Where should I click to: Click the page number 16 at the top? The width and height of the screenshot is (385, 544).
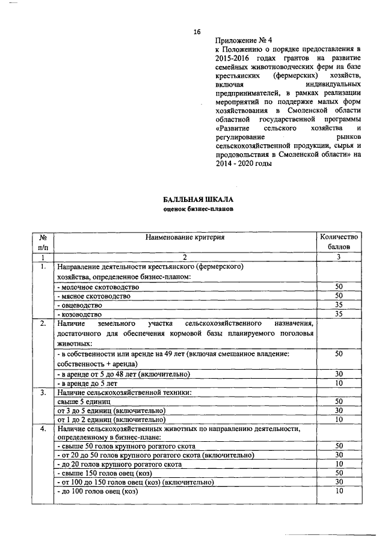pos(197,32)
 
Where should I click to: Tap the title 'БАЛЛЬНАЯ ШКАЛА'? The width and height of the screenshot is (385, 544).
pos(197,200)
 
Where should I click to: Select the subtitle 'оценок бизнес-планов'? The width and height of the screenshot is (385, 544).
pos(197,209)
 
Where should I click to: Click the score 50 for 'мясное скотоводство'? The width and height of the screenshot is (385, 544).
pos(339,296)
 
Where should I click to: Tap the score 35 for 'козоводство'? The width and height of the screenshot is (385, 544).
pos(339,313)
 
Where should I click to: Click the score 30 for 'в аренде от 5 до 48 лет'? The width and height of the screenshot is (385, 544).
pos(339,374)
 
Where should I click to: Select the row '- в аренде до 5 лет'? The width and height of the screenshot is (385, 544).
pos(87,383)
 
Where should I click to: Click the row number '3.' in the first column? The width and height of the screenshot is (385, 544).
pos(43,392)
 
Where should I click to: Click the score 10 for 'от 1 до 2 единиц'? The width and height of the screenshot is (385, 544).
pos(339,419)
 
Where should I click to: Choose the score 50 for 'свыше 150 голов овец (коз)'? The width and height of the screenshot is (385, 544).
pos(339,473)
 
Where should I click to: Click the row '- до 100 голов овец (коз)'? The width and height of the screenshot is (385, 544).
pos(97,491)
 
